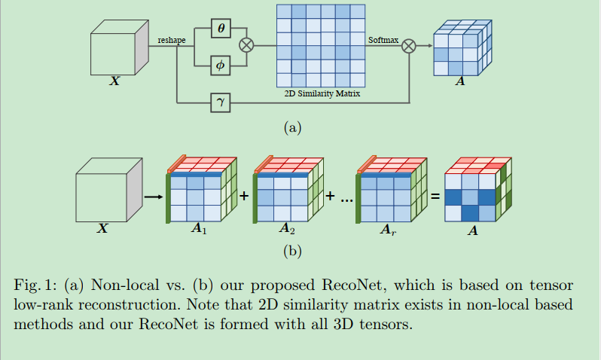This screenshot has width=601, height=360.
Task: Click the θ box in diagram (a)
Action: tap(221, 28)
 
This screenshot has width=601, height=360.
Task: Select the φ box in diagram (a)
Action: tap(221, 65)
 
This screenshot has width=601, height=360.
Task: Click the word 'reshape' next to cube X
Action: tap(172, 40)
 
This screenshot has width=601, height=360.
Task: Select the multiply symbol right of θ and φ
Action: tap(246, 46)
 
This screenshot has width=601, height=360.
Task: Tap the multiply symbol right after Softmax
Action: tap(409, 46)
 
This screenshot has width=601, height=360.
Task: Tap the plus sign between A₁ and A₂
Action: tap(244, 196)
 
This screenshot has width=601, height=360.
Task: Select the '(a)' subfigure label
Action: tap(292, 127)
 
